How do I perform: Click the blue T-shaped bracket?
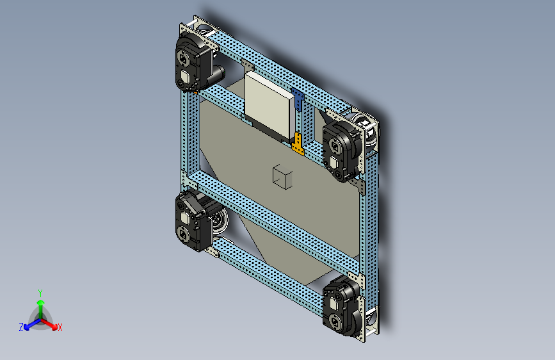pos(298,99)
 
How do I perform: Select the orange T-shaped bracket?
pos(298,144)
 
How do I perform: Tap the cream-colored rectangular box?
pos(269,105)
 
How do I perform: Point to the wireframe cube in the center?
pos(282,176)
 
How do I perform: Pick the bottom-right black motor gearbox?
pos(342,306)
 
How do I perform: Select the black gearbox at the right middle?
pos(342,151)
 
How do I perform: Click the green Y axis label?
pos(40,293)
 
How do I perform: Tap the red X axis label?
pos(60,327)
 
